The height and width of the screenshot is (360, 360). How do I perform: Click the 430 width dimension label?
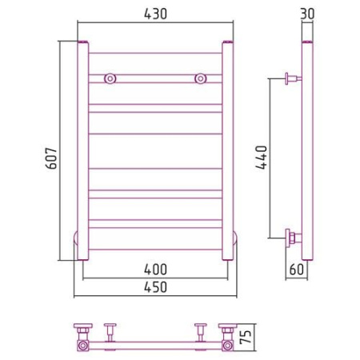(x=155, y=14)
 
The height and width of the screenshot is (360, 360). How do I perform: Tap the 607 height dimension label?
(x=51, y=158)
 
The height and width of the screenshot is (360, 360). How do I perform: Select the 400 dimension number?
(x=155, y=270)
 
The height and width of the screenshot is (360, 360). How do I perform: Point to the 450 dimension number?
(x=155, y=287)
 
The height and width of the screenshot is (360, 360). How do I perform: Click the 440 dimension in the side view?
(x=261, y=157)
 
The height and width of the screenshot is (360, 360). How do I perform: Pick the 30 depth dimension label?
(x=307, y=14)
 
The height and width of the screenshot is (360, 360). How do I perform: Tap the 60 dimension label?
(x=297, y=270)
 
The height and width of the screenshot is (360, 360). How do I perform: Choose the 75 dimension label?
(x=246, y=337)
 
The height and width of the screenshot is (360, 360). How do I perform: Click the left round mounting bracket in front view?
(x=110, y=78)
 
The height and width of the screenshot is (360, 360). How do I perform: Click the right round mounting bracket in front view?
(x=201, y=78)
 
